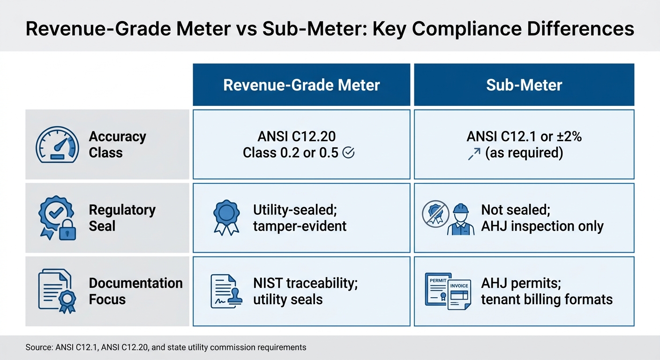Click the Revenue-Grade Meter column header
click(301, 85)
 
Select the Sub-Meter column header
click(524, 85)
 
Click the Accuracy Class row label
click(117, 144)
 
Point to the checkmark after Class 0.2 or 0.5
click(348, 153)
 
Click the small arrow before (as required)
click(474, 153)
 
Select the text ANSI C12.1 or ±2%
click(524, 136)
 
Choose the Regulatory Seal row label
click(122, 218)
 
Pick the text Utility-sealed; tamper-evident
click(300, 218)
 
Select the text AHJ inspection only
click(542, 226)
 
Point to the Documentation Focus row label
click(135, 291)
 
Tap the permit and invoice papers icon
click(448, 291)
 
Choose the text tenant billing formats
click(547, 300)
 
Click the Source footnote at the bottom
click(165, 347)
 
